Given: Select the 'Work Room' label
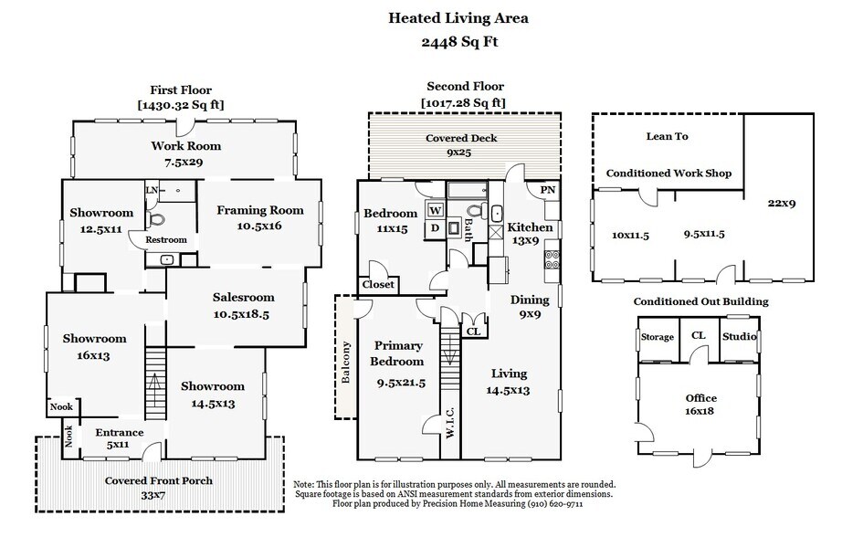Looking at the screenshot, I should pos(185,146).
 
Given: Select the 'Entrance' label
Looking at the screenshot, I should pos(120,433).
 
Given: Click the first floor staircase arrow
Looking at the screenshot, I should pos(154,381).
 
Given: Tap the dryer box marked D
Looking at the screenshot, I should pos(435,227).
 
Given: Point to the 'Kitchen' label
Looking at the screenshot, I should pos(530,227).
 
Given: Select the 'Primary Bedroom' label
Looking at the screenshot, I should pos(399,353).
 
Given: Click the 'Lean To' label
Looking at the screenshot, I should pos(668,137).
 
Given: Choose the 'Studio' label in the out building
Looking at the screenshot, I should pos(739,337).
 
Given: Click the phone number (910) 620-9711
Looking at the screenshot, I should pos(553,503).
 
